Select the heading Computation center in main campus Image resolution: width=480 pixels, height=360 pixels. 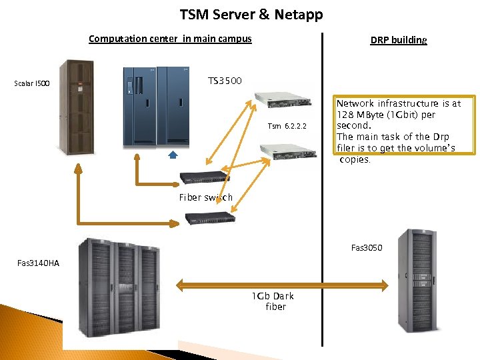(x=170, y=39)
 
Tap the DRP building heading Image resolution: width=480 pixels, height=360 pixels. (x=398, y=40)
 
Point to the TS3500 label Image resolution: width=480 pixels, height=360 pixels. (x=225, y=81)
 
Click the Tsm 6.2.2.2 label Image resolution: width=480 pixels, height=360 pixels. (x=287, y=126)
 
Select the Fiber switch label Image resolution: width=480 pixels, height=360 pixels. (x=205, y=197)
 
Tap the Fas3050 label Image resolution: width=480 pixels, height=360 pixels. (x=367, y=248)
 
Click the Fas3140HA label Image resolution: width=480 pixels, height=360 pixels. (x=38, y=263)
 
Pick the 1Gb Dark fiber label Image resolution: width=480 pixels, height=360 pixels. (x=273, y=301)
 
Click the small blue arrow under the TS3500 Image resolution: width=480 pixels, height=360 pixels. (x=172, y=155)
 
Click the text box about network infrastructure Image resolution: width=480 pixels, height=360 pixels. (x=399, y=131)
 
